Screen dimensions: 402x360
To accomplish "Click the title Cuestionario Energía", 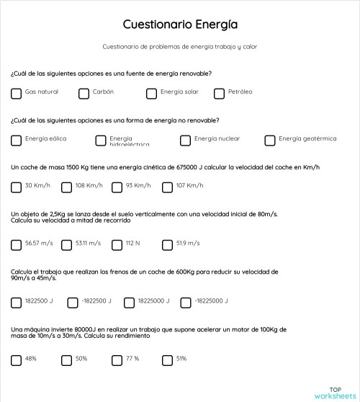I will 180,24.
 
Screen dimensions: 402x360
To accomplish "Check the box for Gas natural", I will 17,93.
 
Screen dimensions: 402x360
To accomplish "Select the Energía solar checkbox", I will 152,93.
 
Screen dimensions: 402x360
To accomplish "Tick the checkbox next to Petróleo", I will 220,93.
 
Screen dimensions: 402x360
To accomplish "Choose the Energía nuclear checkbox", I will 186,140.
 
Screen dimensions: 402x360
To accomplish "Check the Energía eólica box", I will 17,140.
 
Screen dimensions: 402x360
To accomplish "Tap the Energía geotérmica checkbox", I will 271,140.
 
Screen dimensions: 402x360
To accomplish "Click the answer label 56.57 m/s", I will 39,244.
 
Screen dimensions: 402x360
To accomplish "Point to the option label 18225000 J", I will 153,301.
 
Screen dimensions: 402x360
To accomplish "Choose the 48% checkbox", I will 17,359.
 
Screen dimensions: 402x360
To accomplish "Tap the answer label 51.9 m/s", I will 188,244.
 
